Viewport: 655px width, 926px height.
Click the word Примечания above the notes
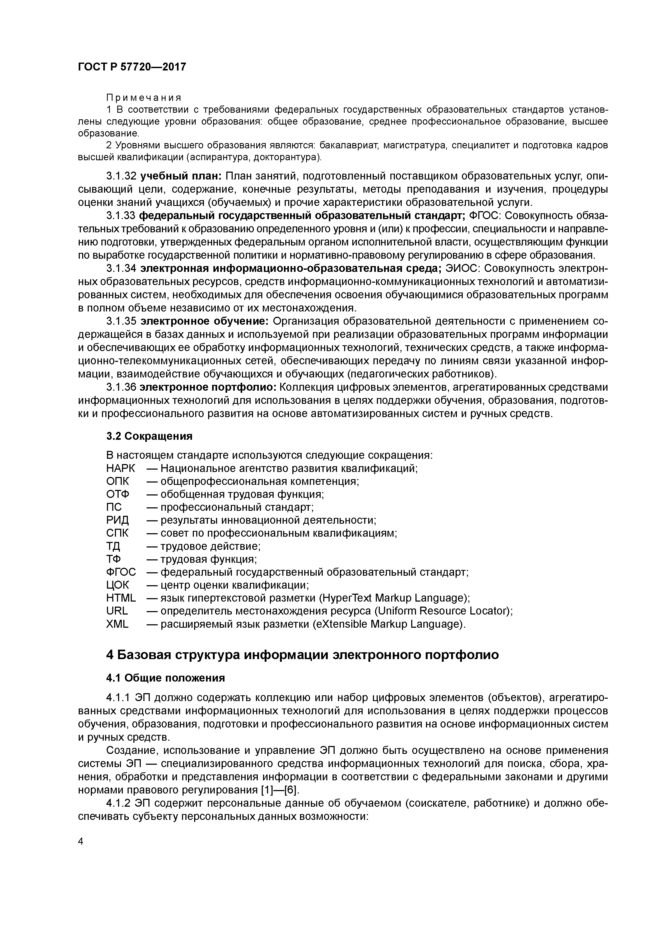(x=144, y=98)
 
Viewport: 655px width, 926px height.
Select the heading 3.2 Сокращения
(x=149, y=436)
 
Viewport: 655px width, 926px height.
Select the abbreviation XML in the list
(x=118, y=624)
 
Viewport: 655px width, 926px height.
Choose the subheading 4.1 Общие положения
(x=165, y=678)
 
